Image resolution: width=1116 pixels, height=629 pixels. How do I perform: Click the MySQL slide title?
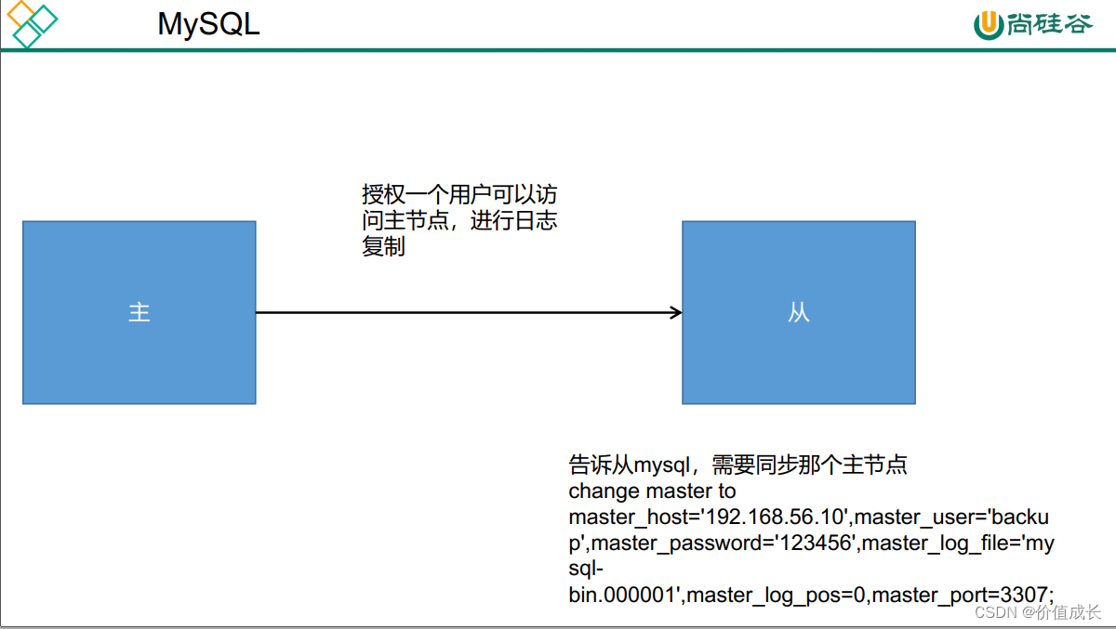208,24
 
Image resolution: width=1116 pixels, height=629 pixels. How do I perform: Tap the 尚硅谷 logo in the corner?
1032,24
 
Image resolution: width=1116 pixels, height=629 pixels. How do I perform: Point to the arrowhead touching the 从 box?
676,313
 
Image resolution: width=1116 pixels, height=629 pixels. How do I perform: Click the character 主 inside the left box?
139,313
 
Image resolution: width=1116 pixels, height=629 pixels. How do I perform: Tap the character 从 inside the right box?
799,313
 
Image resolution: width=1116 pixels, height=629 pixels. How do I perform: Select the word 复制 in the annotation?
383,248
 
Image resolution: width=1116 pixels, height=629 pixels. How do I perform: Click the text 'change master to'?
652,491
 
